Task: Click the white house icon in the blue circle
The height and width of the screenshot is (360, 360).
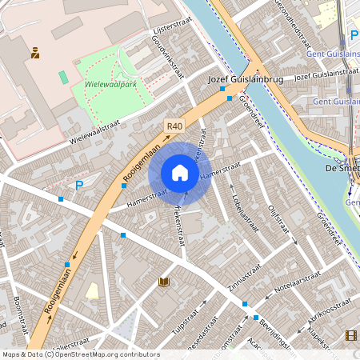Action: [180, 173]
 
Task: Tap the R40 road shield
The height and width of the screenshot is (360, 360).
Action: [174, 126]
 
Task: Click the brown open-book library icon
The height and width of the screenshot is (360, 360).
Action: [164, 282]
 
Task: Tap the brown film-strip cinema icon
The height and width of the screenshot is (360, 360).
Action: [350, 335]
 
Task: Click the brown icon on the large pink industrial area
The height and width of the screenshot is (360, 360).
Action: [35, 54]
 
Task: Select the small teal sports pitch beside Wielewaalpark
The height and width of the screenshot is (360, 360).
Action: [63, 78]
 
